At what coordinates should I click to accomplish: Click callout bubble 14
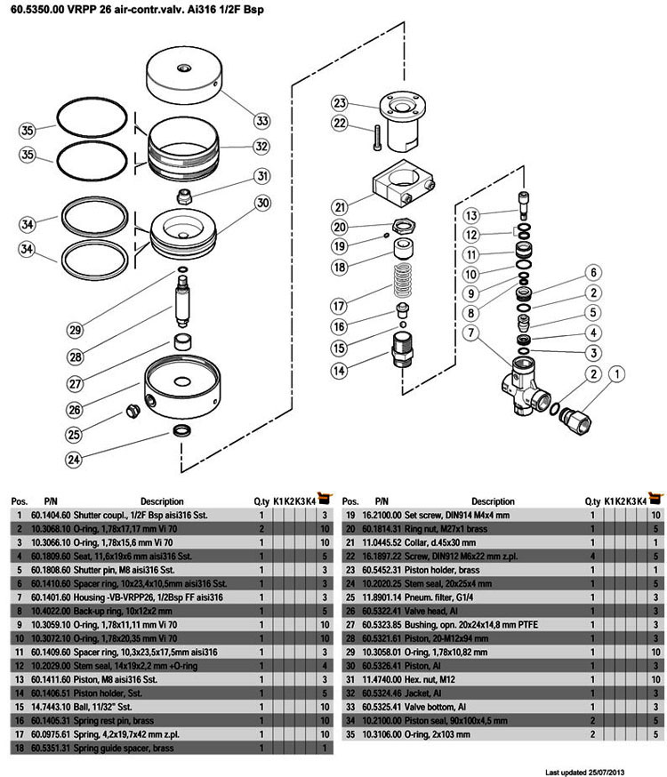point(340,370)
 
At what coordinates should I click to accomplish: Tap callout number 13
point(470,215)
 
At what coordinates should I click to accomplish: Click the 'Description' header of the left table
point(161,501)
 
